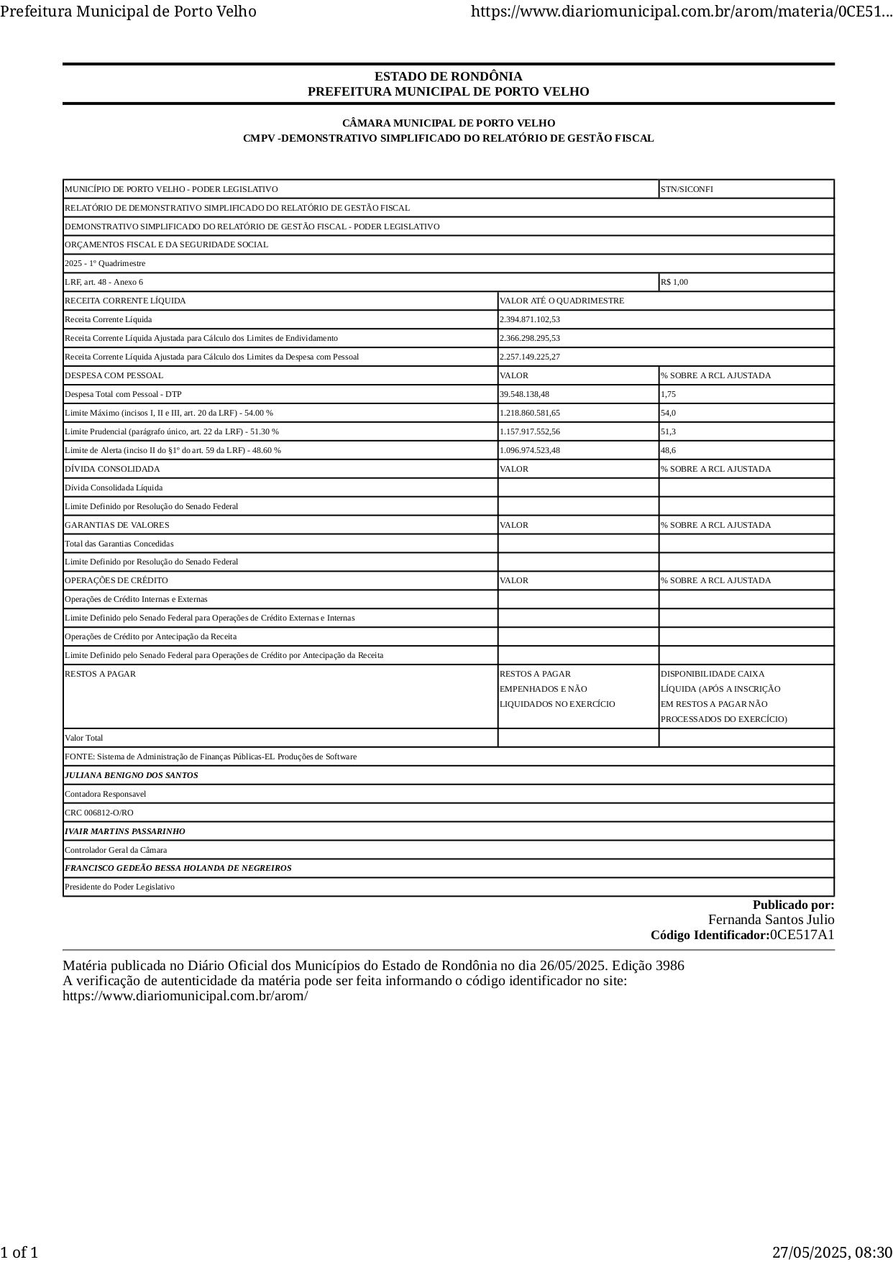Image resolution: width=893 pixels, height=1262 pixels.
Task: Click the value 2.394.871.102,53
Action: coord(529,319)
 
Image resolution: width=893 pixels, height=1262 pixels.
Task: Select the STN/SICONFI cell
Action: coord(687,189)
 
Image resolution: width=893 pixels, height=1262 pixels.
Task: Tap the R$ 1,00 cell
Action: coord(674,282)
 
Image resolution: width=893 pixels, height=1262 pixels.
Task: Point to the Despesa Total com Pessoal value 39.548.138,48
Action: coord(524,394)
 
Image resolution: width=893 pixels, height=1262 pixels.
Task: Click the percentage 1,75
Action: coord(668,394)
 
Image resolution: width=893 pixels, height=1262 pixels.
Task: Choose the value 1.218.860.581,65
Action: coord(529,413)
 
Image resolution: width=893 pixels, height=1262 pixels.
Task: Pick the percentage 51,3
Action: coord(668,431)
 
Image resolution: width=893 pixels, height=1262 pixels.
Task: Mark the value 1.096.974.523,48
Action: coord(529,450)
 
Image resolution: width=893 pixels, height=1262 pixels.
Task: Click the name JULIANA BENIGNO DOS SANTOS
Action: coord(131,775)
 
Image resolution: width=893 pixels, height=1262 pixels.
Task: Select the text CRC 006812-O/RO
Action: coord(99,813)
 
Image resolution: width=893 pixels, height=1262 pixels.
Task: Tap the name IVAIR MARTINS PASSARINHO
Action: coord(124,831)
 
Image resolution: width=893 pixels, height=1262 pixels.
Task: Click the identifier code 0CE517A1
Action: coord(802,935)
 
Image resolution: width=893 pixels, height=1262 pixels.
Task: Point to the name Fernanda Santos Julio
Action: coord(771,920)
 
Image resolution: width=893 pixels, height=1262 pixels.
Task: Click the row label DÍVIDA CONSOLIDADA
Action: coord(112,469)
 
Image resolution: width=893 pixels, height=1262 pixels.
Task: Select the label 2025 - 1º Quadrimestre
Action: coord(105,263)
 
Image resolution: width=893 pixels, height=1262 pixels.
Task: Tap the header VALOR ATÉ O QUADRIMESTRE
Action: coord(562,301)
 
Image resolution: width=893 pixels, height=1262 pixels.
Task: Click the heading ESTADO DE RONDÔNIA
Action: coord(448,76)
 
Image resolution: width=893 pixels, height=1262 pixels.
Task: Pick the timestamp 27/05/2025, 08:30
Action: coord(832,1252)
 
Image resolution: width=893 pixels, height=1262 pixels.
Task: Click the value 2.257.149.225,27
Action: coord(529,357)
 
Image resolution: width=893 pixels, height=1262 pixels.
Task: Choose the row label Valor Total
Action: coord(83,738)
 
